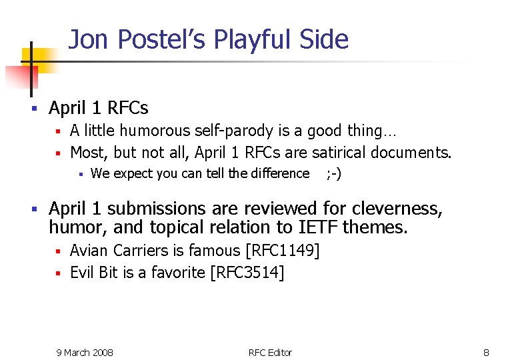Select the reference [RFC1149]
pyautogui.click(x=283, y=251)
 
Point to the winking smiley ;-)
pyautogui.click(x=333, y=174)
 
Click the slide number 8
pyautogui.click(x=486, y=352)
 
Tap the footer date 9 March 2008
pyautogui.click(x=85, y=352)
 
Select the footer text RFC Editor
pyautogui.click(x=270, y=352)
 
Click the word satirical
pyautogui.click(x=337, y=153)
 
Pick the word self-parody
pyautogui.click(x=229, y=131)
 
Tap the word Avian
pyautogui.click(x=89, y=251)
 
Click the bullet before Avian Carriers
pyautogui.click(x=58, y=251)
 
